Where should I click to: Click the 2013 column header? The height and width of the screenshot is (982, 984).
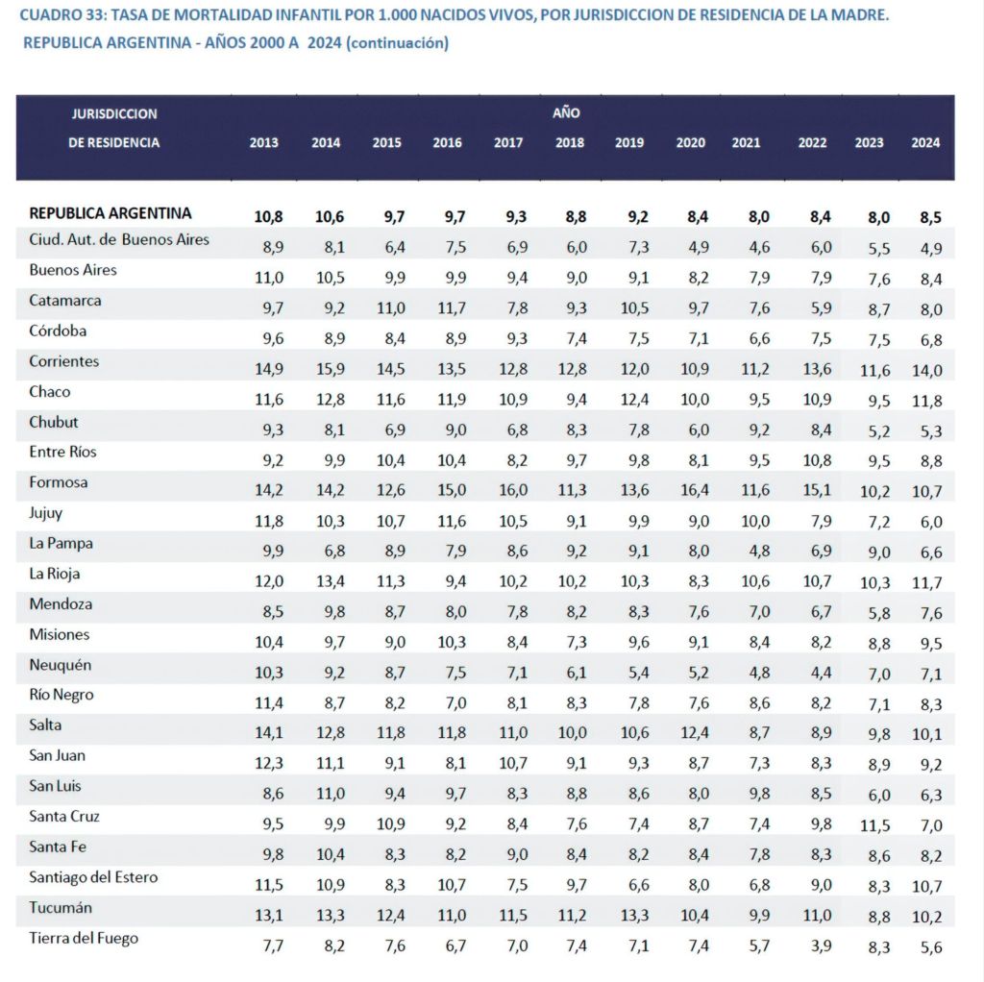pyautogui.click(x=264, y=143)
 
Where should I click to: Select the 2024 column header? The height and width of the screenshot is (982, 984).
pyautogui.click(x=925, y=143)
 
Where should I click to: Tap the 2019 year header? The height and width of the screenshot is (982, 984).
pyautogui.click(x=629, y=143)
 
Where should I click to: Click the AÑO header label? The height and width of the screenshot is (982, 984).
pyautogui.click(x=566, y=112)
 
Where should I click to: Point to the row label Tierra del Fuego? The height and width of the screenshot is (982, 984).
pyautogui.click(x=84, y=938)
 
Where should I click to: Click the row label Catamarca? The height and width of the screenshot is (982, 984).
pyautogui.click(x=65, y=300)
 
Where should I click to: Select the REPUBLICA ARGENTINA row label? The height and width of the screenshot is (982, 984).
pyautogui.click(x=111, y=213)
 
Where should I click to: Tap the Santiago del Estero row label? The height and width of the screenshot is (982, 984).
pyautogui.click(x=93, y=877)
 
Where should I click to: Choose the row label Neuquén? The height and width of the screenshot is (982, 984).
pyautogui.click(x=60, y=665)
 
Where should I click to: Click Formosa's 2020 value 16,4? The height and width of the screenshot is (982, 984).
pyautogui.click(x=692, y=490)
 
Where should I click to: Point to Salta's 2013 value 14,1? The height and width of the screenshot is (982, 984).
pyautogui.click(x=266, y=733)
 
